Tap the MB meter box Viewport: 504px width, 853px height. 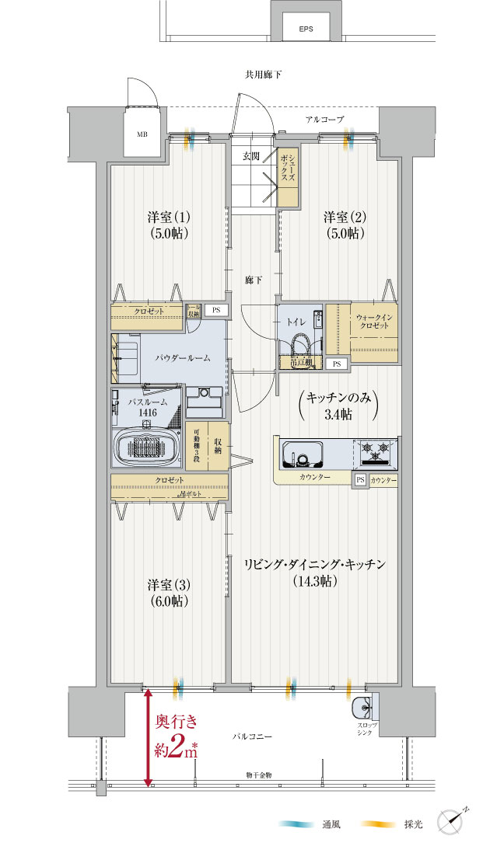click(x=142, y=134)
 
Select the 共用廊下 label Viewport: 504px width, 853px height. click(x=263, y=75)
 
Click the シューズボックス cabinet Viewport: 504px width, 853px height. click(x=288, y=178)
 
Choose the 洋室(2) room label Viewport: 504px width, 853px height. click(x=345, y=225)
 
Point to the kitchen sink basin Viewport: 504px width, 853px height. click(x=306, y=453)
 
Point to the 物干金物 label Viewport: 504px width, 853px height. click(x=252, y=776)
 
